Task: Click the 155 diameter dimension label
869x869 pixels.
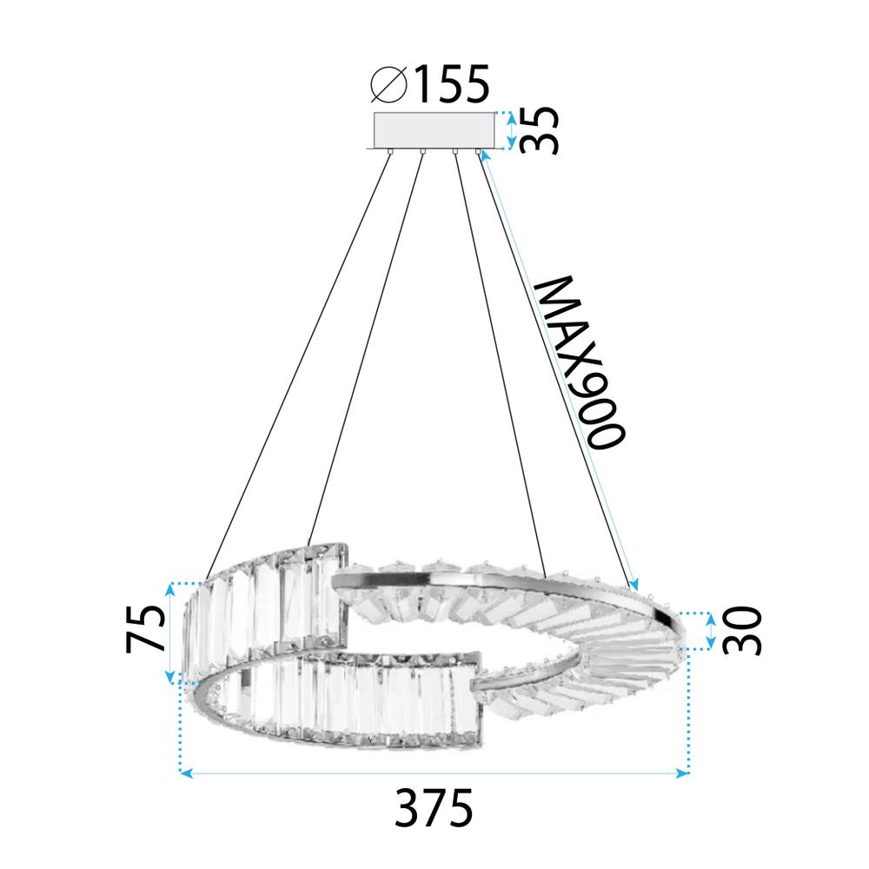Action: tap(450, 85)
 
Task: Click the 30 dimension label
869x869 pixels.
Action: tap(742, 631)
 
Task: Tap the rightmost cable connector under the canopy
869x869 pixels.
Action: tap(477, 153)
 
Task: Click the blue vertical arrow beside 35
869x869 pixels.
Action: tap(511, 129)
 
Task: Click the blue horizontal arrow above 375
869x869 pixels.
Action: tap(434, 772)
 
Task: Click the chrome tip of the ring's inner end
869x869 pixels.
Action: tap(476, 687)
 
